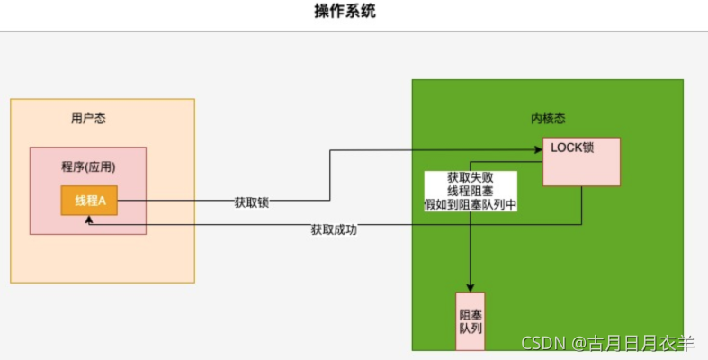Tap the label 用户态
88,119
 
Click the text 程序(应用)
88,167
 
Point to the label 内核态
548,119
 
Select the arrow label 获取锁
252,203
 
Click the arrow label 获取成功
334,230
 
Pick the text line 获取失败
470,177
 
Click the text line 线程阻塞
470,191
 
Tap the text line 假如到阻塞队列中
470,205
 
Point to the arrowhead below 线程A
89,220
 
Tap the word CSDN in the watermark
543,343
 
